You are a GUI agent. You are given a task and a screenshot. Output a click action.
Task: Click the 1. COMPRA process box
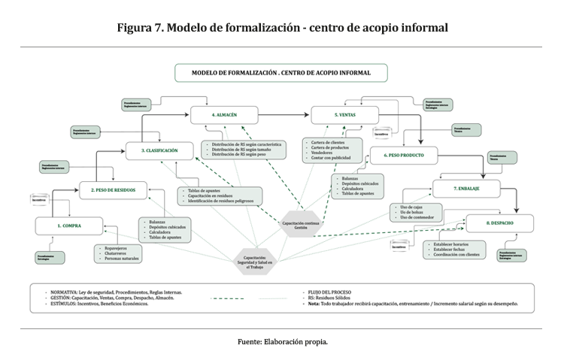[68, 225]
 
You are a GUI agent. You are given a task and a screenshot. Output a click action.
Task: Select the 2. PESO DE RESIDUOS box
[113, 191]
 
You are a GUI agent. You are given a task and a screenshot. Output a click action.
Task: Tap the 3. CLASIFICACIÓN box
[159, 151]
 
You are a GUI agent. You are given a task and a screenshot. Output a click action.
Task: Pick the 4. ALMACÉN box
[224, 116]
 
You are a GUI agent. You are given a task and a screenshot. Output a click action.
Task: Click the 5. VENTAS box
[345, 116]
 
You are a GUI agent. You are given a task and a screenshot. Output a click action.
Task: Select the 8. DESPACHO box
[499, 223]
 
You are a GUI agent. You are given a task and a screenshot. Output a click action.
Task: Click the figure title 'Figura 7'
[282, 28]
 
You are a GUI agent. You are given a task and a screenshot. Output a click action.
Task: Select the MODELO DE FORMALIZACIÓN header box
[281, 73]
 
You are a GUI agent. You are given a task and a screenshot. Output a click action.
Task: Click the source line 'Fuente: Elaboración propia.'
[282, 340]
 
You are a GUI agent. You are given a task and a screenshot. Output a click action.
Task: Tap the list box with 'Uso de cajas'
[417, 213]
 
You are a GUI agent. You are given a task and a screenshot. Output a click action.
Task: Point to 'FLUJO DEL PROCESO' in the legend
[332, 291]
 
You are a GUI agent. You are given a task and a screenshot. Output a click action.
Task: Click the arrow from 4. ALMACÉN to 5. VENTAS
[283, 116]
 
